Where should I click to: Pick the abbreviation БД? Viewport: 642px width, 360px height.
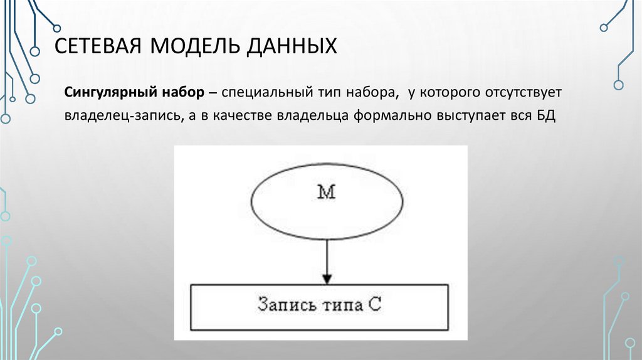click(546, 117)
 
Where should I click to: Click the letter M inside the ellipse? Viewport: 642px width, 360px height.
click(326, 194)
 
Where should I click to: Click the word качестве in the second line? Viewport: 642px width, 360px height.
click(234, 117)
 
